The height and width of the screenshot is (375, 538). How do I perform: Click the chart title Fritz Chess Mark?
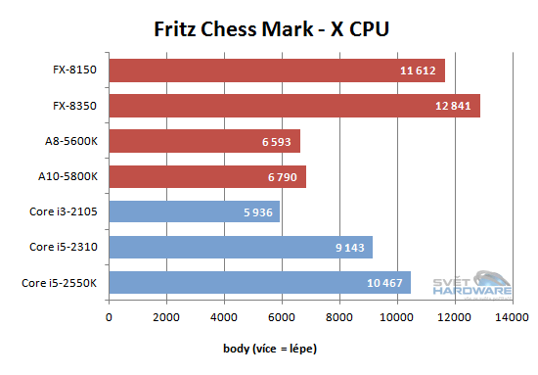[x=272, y=28]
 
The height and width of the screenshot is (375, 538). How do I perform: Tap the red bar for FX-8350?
[x=294, y=106]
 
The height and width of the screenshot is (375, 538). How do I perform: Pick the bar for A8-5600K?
[x=204, y=141]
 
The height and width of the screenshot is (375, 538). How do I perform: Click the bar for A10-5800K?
[x=207, y=176]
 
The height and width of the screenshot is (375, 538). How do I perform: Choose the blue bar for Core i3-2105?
[x=195, y=211]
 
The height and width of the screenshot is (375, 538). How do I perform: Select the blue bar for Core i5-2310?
[x=241, y=247]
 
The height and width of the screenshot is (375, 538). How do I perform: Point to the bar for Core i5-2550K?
[x=260, y=282]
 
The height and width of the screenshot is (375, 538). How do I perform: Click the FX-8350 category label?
[x=77, y=106]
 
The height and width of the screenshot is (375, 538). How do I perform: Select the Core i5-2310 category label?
[x=67, y=247]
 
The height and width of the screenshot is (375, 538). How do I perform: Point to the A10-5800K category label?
[x=71, y=176]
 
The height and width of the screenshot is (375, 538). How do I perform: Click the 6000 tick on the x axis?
[x=282, y=316]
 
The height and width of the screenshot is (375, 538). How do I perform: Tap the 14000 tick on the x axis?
[x=513, y=316]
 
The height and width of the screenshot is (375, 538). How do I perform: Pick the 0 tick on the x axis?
[x=110, y=316]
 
